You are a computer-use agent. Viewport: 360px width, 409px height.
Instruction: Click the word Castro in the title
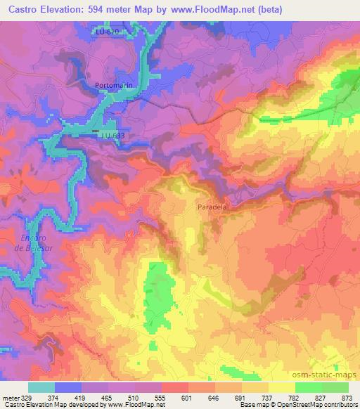24,8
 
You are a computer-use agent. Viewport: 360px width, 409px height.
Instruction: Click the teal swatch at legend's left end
41,387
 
